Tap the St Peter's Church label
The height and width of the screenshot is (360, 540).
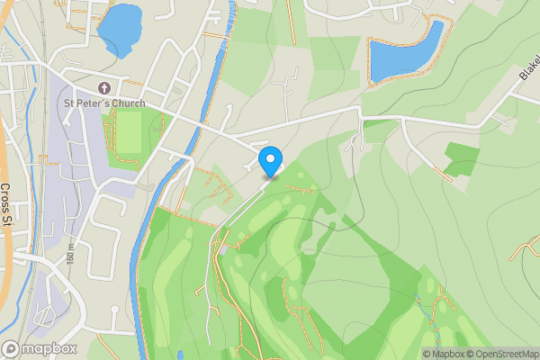pos(103,103)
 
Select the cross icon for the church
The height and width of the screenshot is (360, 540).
pos(103,87)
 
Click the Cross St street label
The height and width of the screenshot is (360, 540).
pos(6,204)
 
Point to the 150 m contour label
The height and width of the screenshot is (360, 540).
pos(69,259)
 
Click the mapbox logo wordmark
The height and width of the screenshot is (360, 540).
pos(49,349)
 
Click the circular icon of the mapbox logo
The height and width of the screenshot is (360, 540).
pos(12,349)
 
